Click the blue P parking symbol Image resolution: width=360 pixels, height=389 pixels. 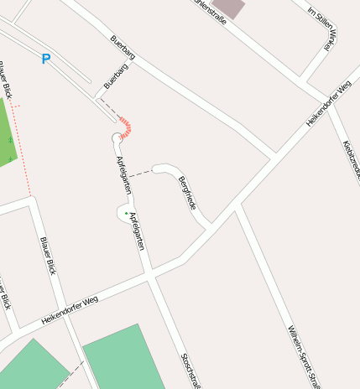[46, 59]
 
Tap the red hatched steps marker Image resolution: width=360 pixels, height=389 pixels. [126, 127]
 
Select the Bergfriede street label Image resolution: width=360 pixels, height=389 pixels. [188, 192]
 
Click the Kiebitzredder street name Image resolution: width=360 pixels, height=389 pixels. [351, 159]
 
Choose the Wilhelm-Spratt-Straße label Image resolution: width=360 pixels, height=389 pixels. [303, 356]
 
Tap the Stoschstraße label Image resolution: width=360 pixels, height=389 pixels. [190, 370]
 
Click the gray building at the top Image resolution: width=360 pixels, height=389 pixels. [228, 8]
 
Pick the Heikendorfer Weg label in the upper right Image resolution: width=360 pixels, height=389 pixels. [328, 104]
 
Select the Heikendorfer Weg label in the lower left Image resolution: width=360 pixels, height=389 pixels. [70, 311]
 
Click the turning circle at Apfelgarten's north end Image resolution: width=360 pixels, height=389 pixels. [117, 137]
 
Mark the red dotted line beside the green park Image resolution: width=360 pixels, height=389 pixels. [22, 151]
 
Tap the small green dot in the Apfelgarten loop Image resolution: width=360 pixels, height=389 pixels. [127, 214]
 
